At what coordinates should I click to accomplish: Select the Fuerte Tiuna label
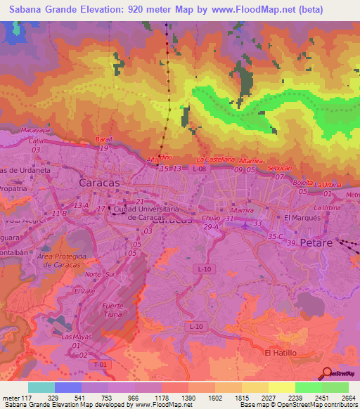point(112,310)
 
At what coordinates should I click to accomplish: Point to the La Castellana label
point(214,160)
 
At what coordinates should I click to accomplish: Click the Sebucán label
point(279,169)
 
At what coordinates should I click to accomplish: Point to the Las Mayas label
point(77,337)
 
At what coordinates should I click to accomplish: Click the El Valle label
point(84,290)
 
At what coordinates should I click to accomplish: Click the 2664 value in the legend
point(348,398)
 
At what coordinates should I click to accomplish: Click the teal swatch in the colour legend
point(41,387)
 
